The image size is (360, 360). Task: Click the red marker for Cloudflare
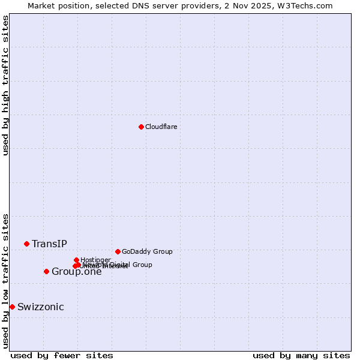click(141, 127)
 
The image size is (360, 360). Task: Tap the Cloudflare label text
click(161, 127)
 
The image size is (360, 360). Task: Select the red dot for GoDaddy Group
click(118, 251)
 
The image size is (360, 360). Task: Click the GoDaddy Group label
click(147, 251)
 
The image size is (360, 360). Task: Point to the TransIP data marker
click(26, 244)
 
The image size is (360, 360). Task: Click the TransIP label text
click(49, 244)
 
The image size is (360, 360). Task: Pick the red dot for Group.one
click(46, 271)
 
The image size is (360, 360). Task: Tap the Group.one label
click(77, 272)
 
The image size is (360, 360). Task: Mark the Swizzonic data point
click(12, 307)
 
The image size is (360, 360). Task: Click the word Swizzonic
click(41, 307)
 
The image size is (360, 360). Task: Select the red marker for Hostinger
click(76, 260)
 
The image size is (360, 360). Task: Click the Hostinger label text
click(95, 260)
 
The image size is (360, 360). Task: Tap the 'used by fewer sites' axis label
click(62, 355)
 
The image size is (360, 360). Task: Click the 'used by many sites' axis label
click(301, 355)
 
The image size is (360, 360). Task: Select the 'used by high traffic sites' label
click(5, 85)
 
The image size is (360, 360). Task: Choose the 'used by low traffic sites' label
click(5, 281)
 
